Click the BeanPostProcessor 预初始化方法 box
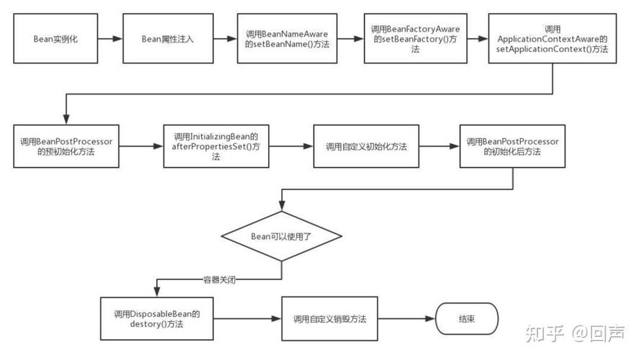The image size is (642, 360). click(66, 146)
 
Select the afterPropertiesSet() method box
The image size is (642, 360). click(216, 146)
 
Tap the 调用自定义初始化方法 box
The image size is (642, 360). click(366, 146)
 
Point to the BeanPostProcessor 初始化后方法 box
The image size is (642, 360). click(512, 146)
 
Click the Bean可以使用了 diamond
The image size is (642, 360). click(280, 236)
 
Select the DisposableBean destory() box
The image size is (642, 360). click(156, 319)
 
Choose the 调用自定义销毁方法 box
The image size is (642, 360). click(330, 319)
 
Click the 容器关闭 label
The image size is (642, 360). click(218, 279)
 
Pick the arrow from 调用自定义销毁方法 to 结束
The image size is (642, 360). click(407, 319)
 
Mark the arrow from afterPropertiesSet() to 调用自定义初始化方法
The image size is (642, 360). click(291, 146)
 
